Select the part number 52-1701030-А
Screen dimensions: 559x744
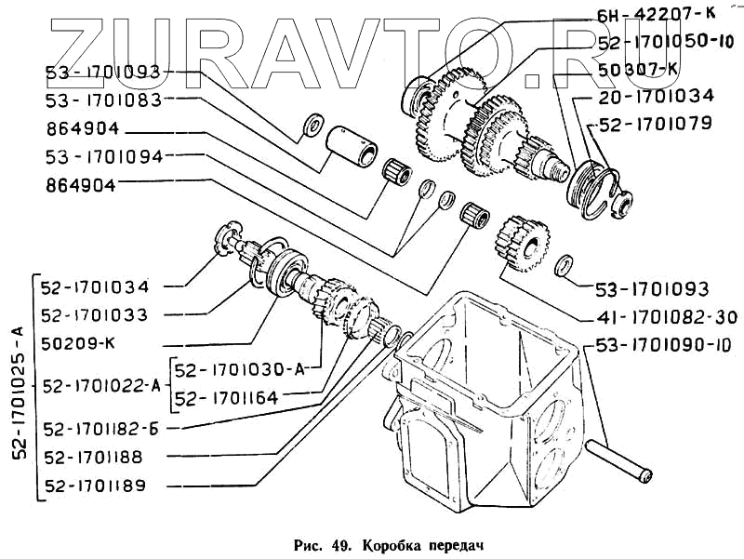[240, 369]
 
